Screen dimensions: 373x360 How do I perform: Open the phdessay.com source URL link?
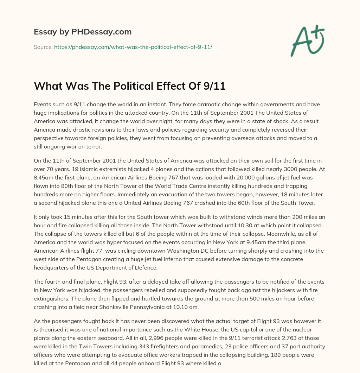133,46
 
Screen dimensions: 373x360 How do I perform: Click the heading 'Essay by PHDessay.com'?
83,32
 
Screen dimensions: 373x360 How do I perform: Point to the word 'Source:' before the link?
43,46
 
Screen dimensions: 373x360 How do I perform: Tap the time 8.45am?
44,177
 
